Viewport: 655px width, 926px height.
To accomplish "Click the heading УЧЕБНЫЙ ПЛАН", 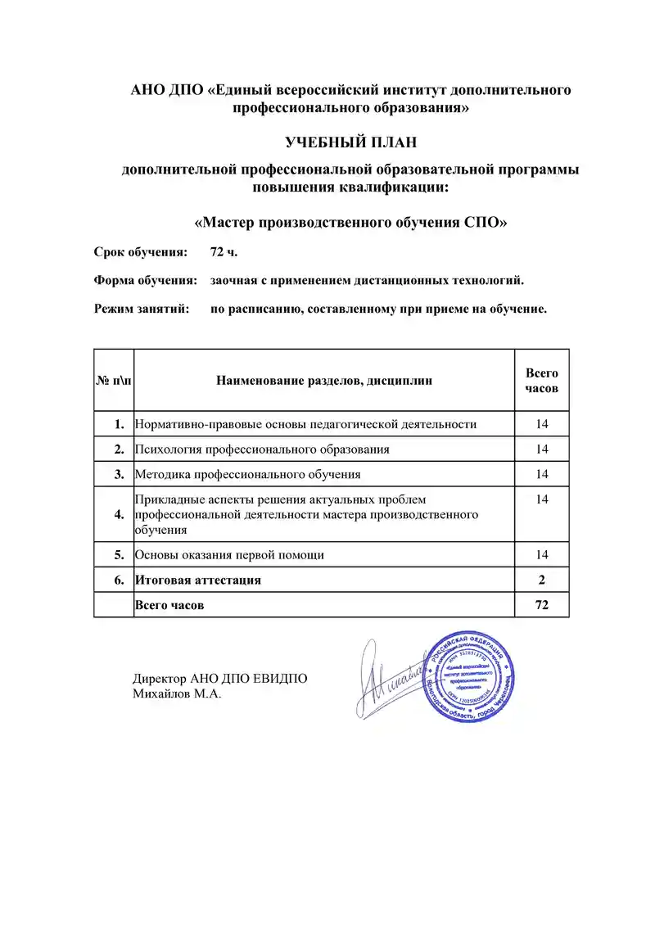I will (x=350, y=142).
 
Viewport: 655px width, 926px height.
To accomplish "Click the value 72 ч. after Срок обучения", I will (x=224, y=251).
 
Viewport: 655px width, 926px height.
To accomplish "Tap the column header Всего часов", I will (x=541, y=380).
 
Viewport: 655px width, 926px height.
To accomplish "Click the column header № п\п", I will (x=114, y=380).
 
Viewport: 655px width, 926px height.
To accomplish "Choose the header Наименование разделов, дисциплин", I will (x=324, y=380).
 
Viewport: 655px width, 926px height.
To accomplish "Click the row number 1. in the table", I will (x=120, y=424).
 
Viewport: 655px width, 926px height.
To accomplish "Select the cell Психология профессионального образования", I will (x=262, y=449).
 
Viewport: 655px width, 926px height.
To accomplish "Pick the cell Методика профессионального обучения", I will (x=248, y=474).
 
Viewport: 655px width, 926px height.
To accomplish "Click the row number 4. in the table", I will (x=120, y=514).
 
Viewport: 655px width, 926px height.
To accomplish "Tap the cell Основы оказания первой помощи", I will (x=230, y=555).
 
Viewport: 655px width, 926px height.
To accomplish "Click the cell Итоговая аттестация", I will (x=199, y=580).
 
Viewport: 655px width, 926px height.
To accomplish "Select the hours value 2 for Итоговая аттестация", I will (x=541, y=580).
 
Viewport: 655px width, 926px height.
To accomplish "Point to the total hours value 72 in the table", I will (x=541, y=605).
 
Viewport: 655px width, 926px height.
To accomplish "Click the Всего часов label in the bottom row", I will (x=169, y=605).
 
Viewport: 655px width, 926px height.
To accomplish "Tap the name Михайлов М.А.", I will (x=177, y=694).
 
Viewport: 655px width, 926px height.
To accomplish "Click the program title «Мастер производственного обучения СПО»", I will (x=350, y=223).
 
